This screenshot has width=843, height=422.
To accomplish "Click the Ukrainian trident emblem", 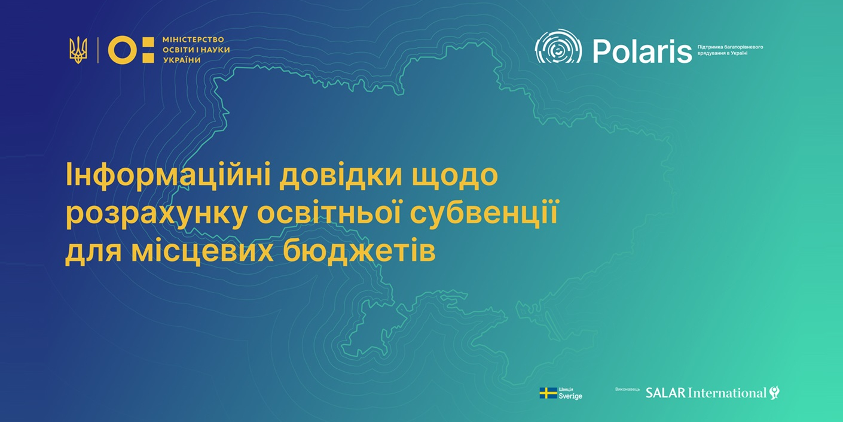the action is coord(78,50).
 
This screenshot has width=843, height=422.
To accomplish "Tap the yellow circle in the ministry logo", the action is coord(121,50).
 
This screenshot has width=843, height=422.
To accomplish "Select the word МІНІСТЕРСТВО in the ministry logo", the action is coord(193,40).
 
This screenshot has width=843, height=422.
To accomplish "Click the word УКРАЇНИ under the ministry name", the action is coord(182,60).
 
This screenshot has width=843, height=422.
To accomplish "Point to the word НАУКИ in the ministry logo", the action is coord(215,50).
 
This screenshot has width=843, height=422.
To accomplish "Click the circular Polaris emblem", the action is coord(558,46).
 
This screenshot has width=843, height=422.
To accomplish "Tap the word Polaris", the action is coord(642,51).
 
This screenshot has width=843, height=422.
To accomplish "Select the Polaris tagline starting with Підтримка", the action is coord(730,50).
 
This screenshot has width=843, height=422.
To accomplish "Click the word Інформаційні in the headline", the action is coord(168,175).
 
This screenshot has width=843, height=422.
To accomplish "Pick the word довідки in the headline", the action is coord(341,175).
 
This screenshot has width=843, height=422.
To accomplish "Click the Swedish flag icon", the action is coord(548,393).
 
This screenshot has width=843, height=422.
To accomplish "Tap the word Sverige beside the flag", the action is coord(570,396).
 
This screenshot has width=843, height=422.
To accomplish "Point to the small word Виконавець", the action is coord(627,389).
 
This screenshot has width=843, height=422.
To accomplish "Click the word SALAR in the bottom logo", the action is coord(665,393).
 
